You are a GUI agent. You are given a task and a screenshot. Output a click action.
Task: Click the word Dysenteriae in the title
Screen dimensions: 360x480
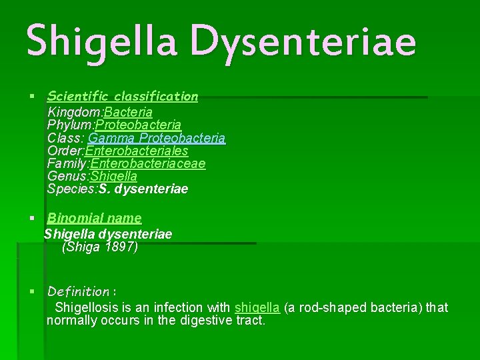tap(303, 39)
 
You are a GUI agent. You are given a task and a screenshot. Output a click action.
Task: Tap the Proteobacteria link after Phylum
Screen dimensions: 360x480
tap(139, 125)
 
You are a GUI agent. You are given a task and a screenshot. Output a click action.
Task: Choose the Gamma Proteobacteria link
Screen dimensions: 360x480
tap(157, 138)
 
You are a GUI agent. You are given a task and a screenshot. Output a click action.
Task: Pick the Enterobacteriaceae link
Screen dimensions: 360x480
tap(148, 163)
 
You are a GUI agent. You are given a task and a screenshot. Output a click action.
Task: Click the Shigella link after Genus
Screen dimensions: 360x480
tap(114, 176)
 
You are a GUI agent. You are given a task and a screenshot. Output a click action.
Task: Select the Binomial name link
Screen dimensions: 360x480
tap(94, 217)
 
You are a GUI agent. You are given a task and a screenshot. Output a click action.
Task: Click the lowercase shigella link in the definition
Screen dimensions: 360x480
tap(257, 307)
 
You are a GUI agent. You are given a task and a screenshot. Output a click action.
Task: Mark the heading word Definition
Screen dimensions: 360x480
tap(78, 291)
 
